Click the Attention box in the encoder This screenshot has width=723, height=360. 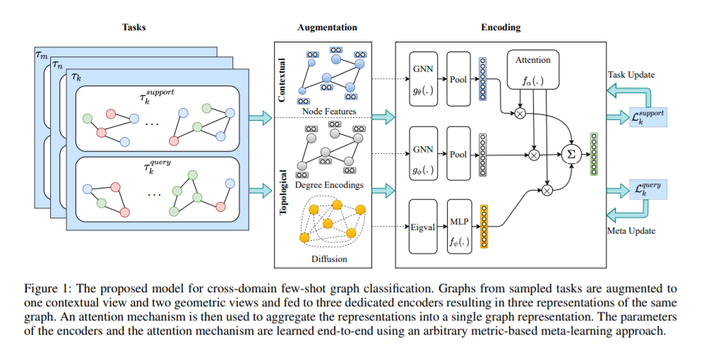point(532,69)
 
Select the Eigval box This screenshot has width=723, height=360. point(423,227)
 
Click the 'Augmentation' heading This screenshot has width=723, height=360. point(327,28)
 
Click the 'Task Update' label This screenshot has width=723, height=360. point(631,74)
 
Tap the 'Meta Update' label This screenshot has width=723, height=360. point(631,231)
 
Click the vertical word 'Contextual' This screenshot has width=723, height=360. point(283,80)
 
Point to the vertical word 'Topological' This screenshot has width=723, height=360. point(283,192)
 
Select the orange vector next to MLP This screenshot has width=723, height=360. point(484,226)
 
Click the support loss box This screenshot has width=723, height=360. point(647,114)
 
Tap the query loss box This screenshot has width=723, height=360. point(648,188)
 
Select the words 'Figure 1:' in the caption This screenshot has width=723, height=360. point(47,288)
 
